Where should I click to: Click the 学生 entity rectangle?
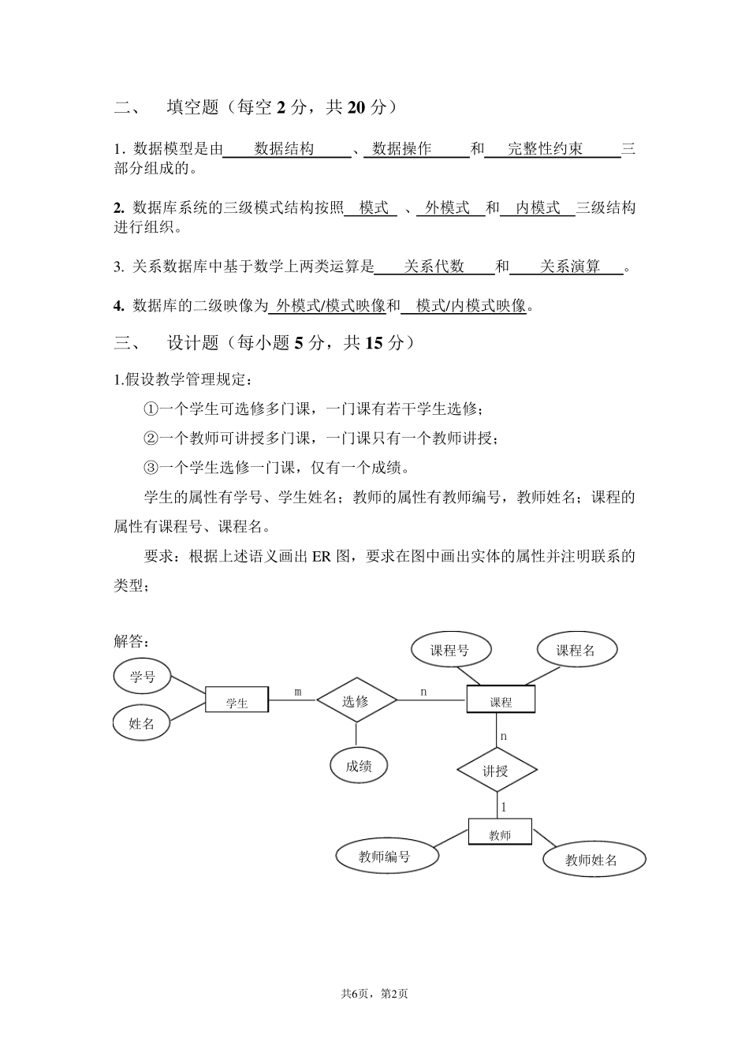point(237,700)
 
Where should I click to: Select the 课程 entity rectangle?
point(501,700)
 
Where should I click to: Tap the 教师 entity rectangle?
point(500,832)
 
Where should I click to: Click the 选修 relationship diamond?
point(356,700)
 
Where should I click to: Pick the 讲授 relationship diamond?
point(496,771)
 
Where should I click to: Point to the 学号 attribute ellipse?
point(143,676)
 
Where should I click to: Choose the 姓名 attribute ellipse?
point(141,723)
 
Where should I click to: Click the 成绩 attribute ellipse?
point(359,764)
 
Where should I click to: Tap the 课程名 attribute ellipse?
point(576,650)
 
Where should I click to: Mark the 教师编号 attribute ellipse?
point(386,856)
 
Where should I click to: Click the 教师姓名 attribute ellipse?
point(593,860)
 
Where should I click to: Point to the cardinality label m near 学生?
point(298,692)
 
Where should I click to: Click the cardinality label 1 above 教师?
point(504,807)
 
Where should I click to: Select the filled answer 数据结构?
point(285,148)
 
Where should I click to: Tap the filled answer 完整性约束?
point(546,148)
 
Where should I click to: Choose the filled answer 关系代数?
point(434,267)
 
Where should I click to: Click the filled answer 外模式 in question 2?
point(448,207)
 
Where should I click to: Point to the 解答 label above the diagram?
point(132,640)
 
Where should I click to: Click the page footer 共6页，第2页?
point(374,994)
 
